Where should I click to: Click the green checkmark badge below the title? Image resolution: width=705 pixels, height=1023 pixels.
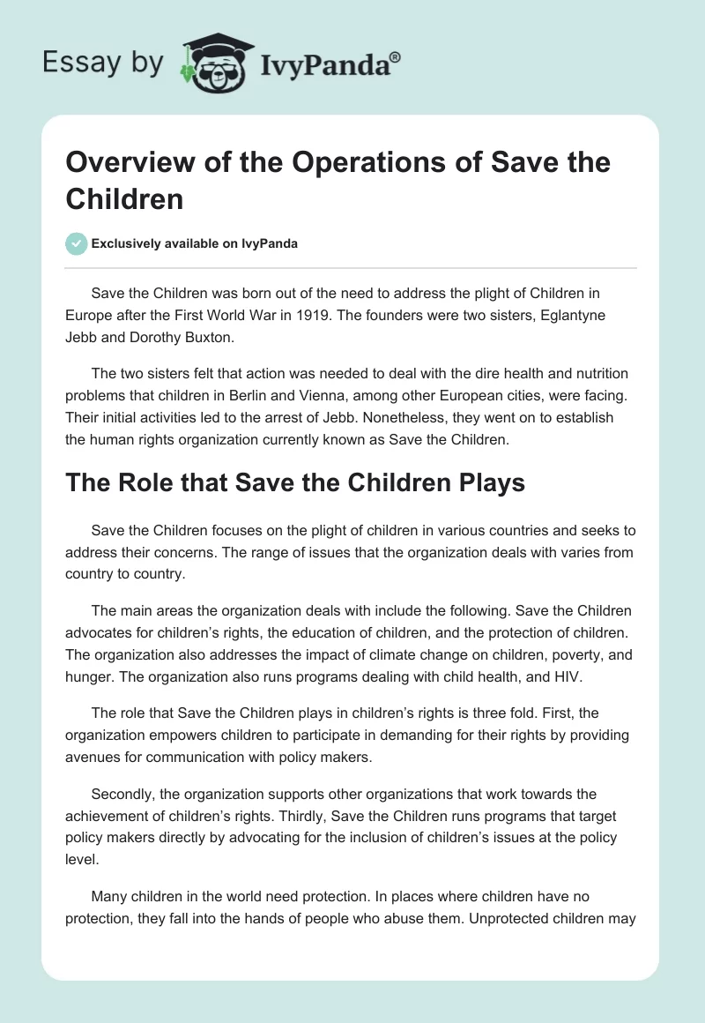(76, 243)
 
